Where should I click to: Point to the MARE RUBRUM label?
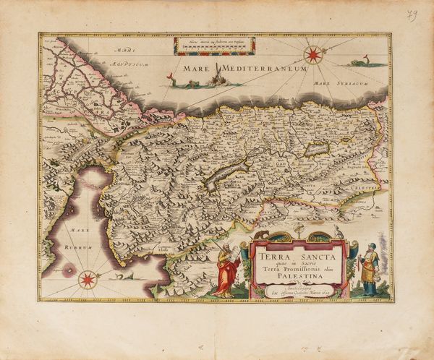click(68, 240)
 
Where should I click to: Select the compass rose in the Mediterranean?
click(313, 54)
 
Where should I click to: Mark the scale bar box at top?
click(214, 46)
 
